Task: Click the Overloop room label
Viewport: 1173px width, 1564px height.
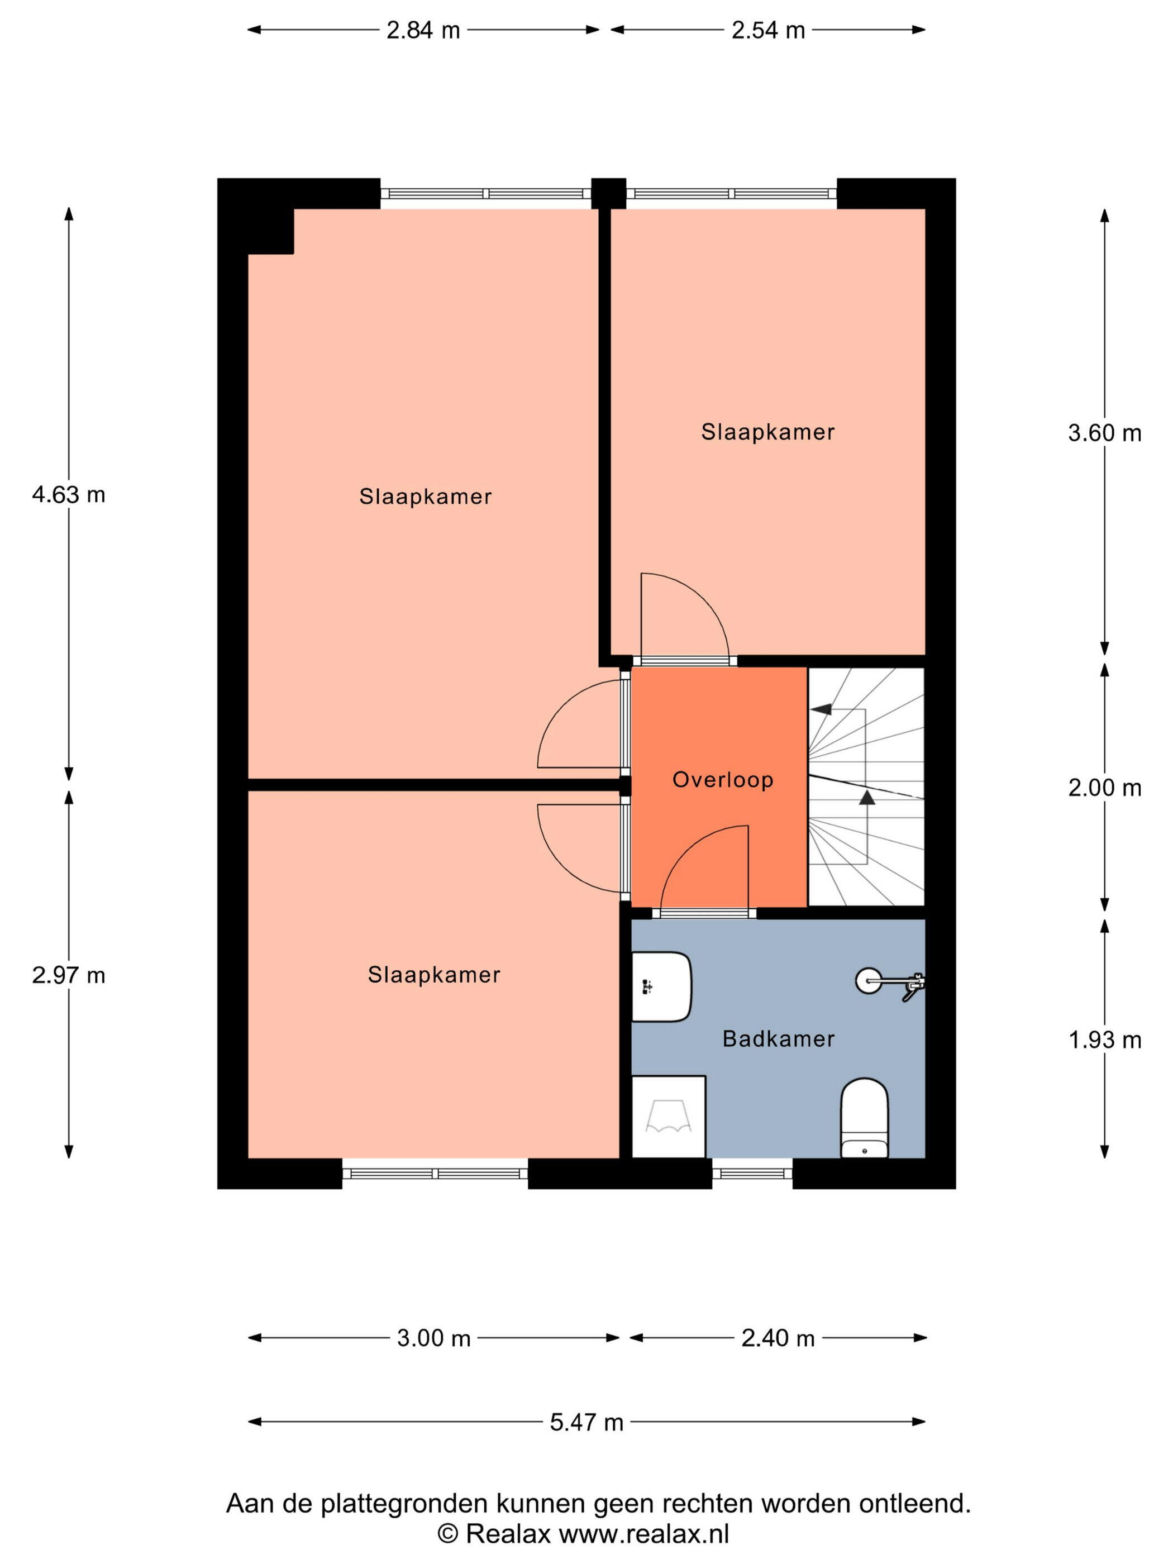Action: click(723, 780)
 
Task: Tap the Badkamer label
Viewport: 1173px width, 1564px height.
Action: click(779, 1038)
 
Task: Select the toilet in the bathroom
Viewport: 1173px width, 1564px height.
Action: click(864, 1118)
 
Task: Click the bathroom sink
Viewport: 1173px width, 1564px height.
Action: click(661, 986)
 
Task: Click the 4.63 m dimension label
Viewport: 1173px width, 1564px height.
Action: click(69, 495)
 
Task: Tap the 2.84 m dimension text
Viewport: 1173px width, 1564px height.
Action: click(423, 30)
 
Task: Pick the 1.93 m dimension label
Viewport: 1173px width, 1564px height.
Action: click(1104, 1040)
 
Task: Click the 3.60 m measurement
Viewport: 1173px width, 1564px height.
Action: click(1104, 433)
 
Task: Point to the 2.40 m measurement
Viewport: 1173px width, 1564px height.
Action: click(778, 1338)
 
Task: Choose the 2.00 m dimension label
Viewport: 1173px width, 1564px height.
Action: click(1104, 788)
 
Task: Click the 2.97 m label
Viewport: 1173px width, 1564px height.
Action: click(69, 976)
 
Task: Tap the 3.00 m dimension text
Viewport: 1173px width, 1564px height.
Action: click(433, 1338)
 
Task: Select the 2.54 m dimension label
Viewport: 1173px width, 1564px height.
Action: click(768, 30)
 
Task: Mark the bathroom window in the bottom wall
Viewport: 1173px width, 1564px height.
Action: click(752, 1174)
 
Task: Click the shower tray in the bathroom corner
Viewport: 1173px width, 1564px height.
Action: click(668, 1117)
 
